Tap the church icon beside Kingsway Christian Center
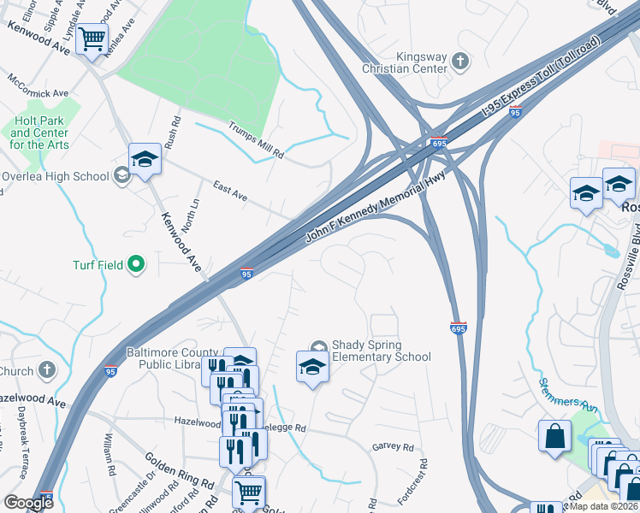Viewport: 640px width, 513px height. [x=460, y=61]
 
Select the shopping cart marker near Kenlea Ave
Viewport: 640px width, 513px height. [x=92, y=38]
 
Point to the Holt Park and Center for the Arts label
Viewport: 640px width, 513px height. [x=39, y=133]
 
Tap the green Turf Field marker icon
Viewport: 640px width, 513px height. [x=135, y=266]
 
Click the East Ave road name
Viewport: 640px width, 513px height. [x=230, y=192]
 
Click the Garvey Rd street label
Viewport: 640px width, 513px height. [x=393, y=447]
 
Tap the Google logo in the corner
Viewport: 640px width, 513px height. [x=28, y=503]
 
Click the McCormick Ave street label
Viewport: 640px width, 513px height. [x=38, y=92]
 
